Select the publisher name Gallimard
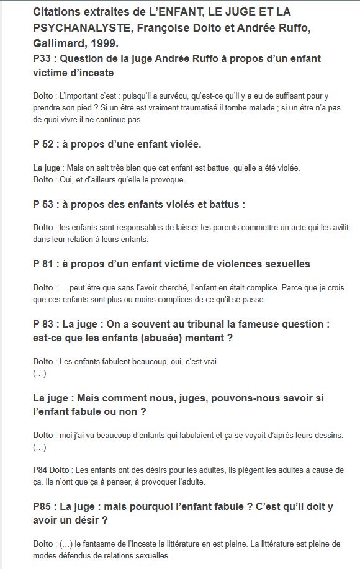pyautogui.click(x=58, y=44)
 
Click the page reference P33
pyautogui.click(x=43, y=59)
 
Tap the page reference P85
pyautogui.click(x=43, y=507)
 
